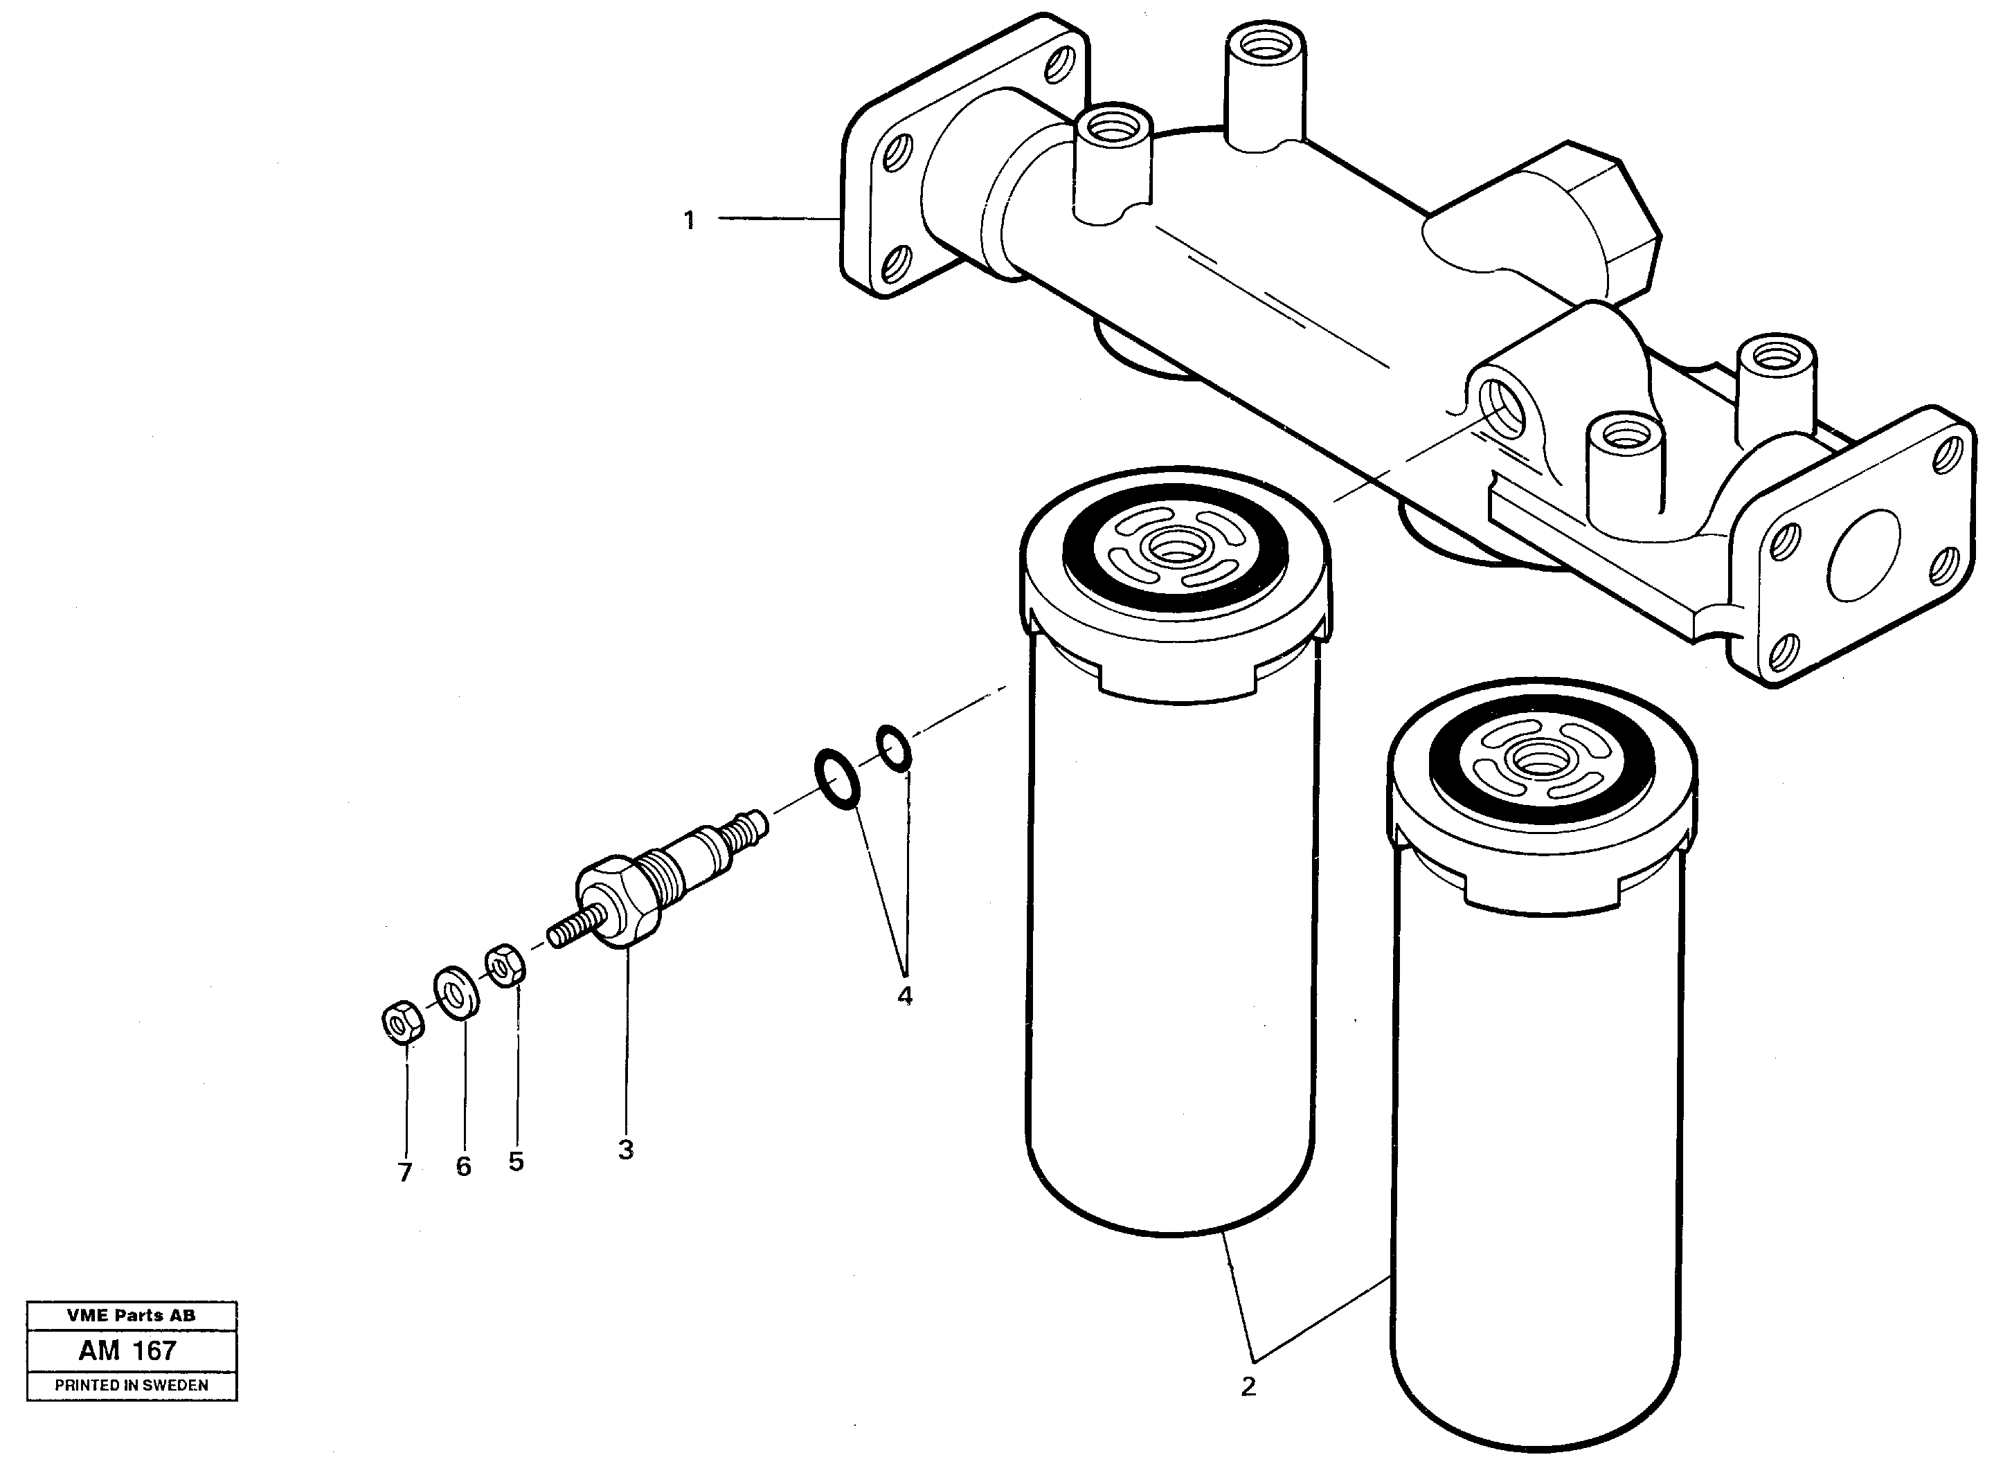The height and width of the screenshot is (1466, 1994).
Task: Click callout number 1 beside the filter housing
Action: point(689,220)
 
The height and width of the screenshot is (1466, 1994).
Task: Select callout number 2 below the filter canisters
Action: point(1248,1386)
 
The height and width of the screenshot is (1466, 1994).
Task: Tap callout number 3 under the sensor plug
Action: point(626,1150)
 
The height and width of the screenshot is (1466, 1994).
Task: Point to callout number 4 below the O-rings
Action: point(904,995)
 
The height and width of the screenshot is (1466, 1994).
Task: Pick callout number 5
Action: point(517,1161)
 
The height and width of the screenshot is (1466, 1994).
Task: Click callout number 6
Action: point(463,1167)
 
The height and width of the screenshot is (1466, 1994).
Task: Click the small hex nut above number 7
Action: point(401,1023)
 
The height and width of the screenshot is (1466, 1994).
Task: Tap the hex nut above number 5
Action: point(505,965)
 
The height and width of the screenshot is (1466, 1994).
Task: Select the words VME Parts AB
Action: point(132,1315)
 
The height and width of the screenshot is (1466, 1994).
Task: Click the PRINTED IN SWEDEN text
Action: point(132,1385)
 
